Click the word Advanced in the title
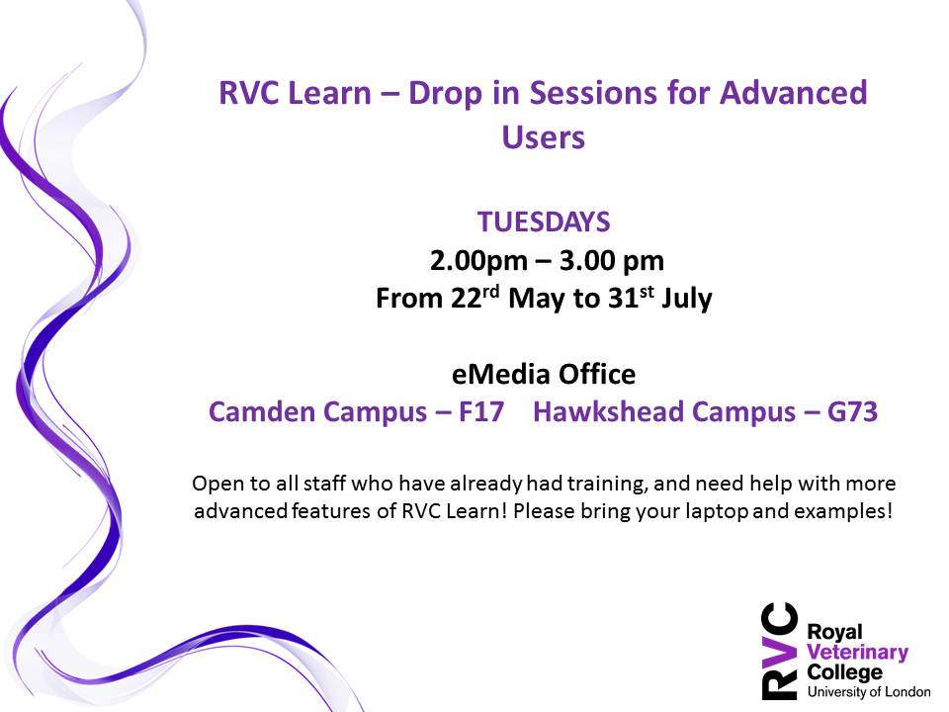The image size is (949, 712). tap(793, 93)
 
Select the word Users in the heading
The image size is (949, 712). tap(544, 136)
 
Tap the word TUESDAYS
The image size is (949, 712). tap(544, 222)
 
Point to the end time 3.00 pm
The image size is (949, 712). tap(612, 261)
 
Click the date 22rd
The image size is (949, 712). tap(475, 298)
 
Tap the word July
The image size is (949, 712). tap(687, 299)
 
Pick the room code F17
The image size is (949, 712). tap(481, 411)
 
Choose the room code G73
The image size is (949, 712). tap(852, 411)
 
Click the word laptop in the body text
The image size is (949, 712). tap(716, 511)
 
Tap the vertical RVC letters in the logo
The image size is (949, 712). tap(779, 651)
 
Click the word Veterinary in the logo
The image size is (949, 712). tap(858, 653)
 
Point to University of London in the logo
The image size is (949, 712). tap(869, 691)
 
